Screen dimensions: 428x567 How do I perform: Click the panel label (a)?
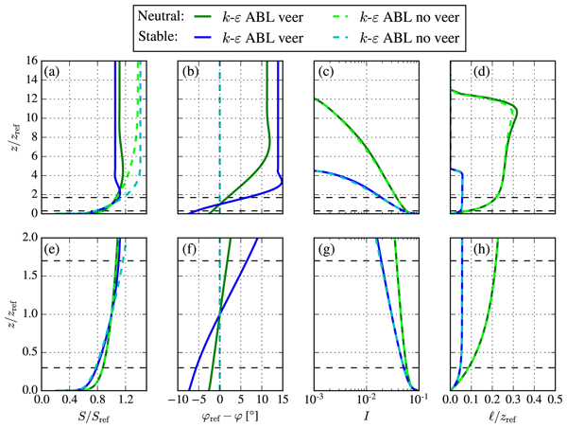click(x=54, y=71)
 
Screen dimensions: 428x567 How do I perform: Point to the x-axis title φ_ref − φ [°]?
click(x=226, y=417)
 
